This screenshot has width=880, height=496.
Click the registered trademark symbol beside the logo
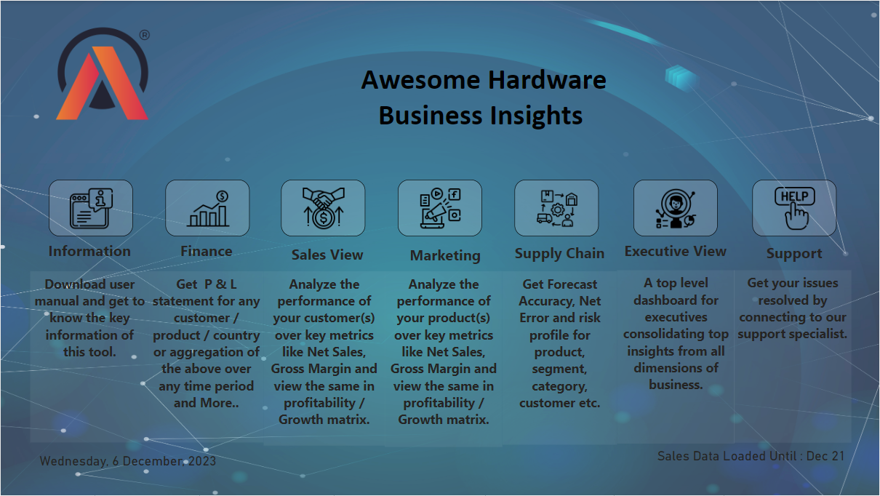click(x=145, y=35)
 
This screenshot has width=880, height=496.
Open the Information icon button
click(x=91, y=208)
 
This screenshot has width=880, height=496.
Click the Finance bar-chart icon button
click(x=207, y=208)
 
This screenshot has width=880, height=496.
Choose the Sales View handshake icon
click(x=323, y=208)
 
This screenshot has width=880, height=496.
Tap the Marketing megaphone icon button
click(x=439, y=208)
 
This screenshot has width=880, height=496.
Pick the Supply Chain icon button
click(x=556, y=208)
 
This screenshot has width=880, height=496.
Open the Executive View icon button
click(x=676, y=208)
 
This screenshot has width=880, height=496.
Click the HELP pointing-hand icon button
click(x=794, y=208)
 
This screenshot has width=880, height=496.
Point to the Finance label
click(x=207, y=252)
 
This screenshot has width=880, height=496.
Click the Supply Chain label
click(x=559, y=254)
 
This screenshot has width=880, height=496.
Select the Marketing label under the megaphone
click(x=445, y=256)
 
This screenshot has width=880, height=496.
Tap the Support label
click(x=794, y=254)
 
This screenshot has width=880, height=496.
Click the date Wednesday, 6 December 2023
click(x=128, y=461)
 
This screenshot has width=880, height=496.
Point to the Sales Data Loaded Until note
click(x=751, y=456)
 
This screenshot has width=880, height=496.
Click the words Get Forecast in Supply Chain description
click(x=559, y=284)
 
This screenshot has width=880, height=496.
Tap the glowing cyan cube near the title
click(x=681, y=77)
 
